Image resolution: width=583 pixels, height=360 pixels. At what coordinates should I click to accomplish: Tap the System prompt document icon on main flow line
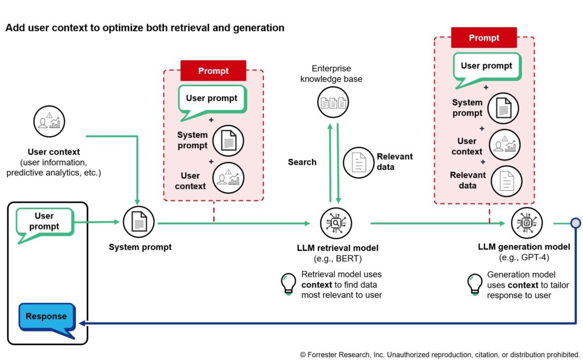pyautogui.click(x=139, y=222)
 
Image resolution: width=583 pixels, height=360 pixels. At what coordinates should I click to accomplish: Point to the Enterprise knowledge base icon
pyautogui.click(x=333, y=103)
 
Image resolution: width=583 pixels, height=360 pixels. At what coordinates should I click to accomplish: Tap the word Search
pyautogui.click(x=302, y=162)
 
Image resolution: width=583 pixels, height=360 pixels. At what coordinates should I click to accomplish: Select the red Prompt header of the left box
pyautogui.click(x=214, y=71)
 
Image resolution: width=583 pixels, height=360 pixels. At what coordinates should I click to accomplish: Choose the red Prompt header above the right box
pyautogui.click(x=484, y=38)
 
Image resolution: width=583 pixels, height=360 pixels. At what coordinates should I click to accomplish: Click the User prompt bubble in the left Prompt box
pyautogui.click(x=212, y=99)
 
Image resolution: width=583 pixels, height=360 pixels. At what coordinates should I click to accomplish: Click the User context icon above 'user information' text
pyautogui.click(x=49, y=121)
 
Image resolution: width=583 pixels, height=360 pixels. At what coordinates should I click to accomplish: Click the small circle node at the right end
pyautogui.click(x=576, y=223)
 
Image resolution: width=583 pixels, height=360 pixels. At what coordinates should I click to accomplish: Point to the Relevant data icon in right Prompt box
pyautogui.click(x=506, y=181)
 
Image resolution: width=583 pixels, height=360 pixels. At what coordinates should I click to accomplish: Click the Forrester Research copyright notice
pyautogui.click(x=440, y=354)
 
